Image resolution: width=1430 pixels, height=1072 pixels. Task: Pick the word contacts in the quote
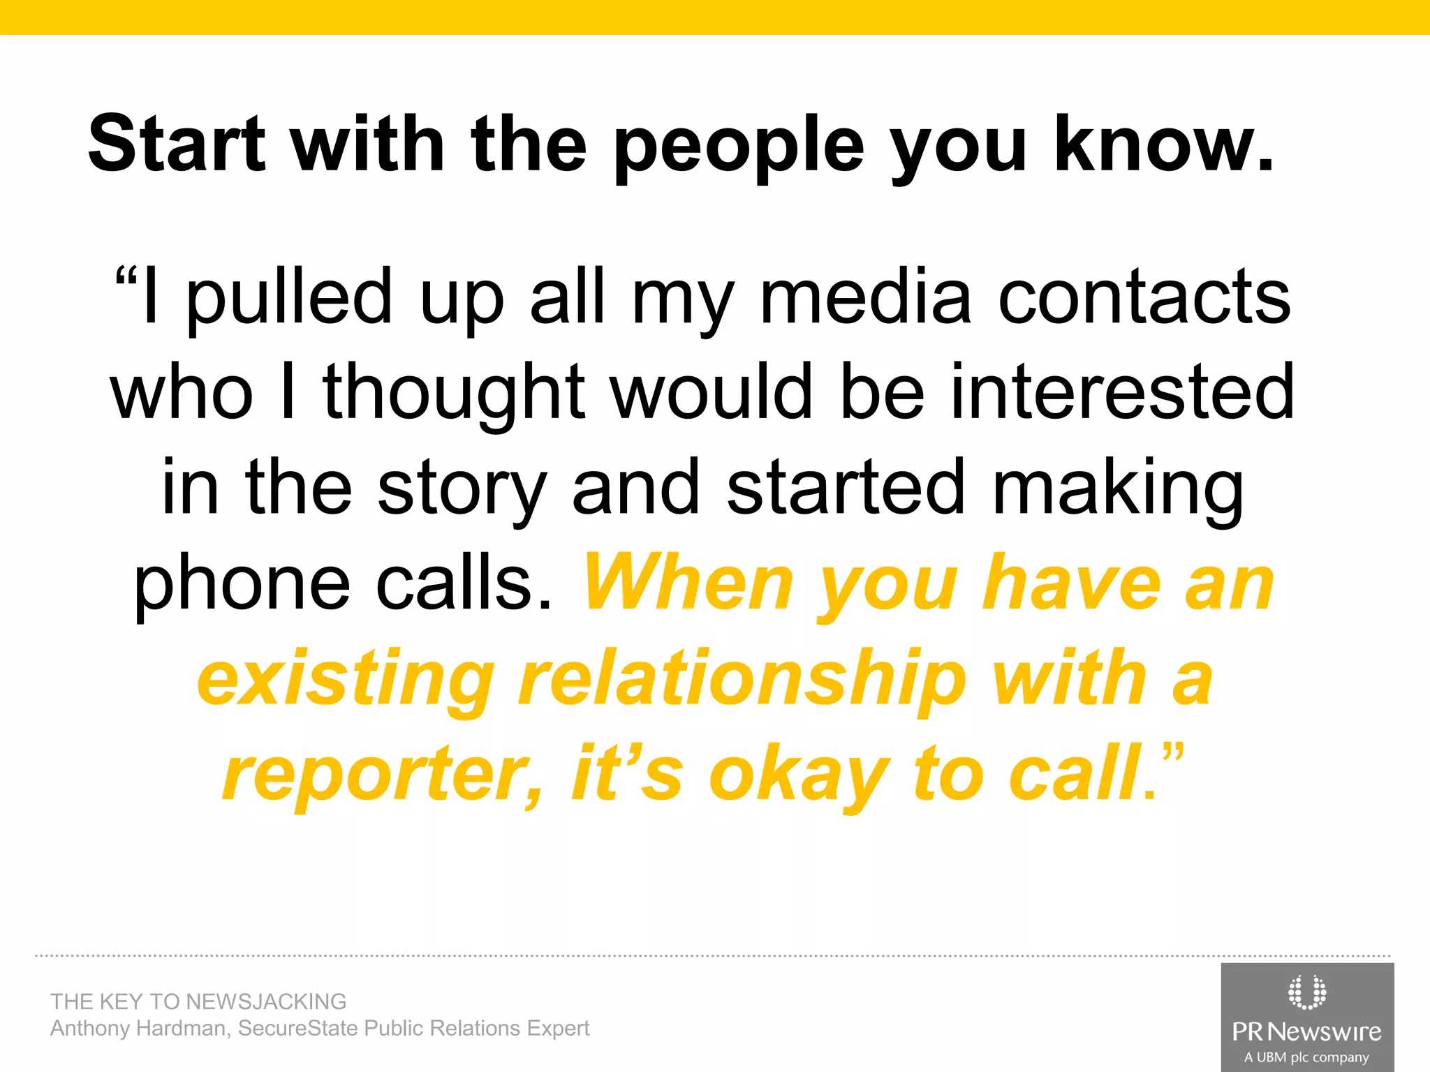point(1144,299)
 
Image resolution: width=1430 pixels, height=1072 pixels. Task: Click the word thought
point(454,393)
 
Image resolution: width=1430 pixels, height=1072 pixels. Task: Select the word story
point(462,489)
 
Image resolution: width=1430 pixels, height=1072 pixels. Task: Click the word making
point(1118,489)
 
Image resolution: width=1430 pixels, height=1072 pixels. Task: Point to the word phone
point(242,585)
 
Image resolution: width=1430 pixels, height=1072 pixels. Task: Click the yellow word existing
point(346,679)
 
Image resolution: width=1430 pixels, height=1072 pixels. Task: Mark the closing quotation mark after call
point(1174,754)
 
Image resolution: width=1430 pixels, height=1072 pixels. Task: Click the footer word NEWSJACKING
point(266,1002)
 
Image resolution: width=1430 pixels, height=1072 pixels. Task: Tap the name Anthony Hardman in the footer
point(138,1028)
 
